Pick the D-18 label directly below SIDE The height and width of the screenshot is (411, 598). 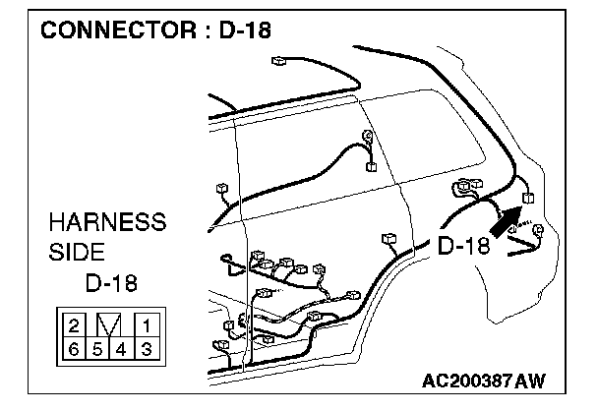tap(111, 284)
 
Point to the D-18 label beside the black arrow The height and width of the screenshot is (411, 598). tap(462, 247)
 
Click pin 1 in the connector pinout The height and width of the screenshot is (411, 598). tap(145, 323)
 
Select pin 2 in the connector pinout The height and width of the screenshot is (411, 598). tap(74, 323)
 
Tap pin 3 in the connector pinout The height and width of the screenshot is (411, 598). tap(145, 347)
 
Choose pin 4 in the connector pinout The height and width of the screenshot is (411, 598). tap(121, 347)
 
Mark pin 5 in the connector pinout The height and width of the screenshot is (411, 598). tap(97, 347)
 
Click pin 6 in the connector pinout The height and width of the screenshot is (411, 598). tap(74, 347)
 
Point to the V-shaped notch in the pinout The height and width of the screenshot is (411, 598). tap(109, 323)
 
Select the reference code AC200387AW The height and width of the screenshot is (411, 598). tap(483, 381)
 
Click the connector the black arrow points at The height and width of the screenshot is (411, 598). tap(528, 198)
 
